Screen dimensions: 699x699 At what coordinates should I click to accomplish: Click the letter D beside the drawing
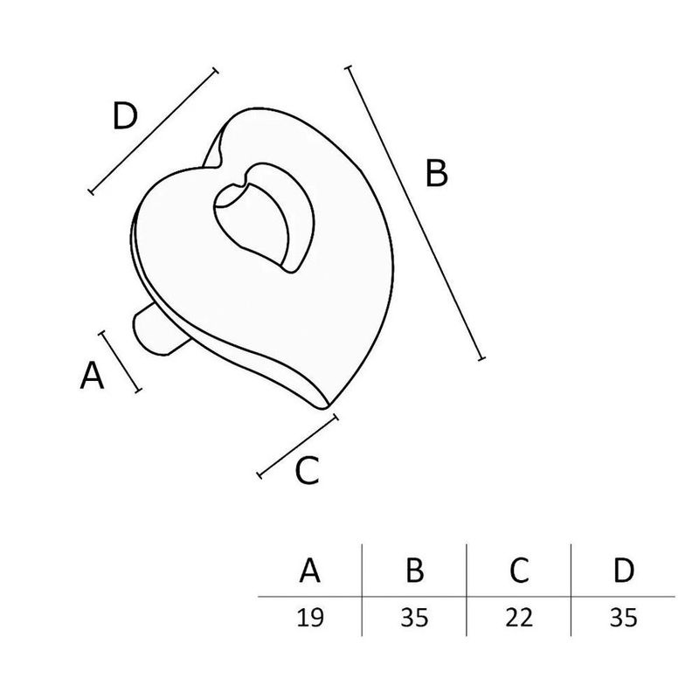point(125,116)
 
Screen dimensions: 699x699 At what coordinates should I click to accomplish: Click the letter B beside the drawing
point(436,173)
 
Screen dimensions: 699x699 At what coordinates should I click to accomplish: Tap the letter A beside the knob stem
point(92,376)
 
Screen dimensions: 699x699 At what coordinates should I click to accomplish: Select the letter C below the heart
point(308,471)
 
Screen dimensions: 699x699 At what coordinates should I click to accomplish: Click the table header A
point(310,570)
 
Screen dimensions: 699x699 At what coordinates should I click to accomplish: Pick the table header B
point(414,570)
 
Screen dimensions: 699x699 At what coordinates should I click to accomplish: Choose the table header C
point(519,570)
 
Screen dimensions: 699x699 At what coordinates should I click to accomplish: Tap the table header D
point(624,570)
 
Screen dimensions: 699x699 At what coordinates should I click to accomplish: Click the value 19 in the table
point(310,618)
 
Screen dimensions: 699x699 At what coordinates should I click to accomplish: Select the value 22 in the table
point(519,618)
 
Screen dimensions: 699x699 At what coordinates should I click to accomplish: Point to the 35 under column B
point(414,618)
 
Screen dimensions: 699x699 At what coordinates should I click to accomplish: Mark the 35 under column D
point(624,618)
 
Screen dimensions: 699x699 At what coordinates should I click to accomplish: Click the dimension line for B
point(414,212)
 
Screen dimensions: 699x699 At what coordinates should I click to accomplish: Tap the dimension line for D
point(154,132)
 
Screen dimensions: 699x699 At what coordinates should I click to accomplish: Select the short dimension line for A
point(120,362)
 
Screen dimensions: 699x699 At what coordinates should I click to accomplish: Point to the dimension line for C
point(298,446)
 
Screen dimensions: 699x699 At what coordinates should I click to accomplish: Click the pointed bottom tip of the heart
point(324,406)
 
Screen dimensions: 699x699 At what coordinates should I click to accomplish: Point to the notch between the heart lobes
point(219,164)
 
